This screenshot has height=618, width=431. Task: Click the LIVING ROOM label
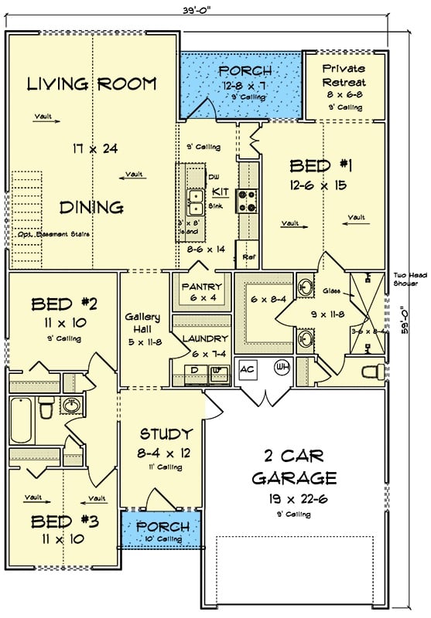click(92, 84)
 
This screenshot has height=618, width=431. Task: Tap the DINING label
click(92, 207)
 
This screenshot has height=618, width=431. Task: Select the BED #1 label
click(321, 165)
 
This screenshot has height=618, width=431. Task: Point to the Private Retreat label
click(343, 74)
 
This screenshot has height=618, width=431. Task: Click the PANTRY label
click(201, 287)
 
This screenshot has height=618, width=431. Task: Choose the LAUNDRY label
click(200, 338)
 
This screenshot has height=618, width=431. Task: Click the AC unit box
click(248, 368)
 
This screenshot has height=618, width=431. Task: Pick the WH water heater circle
click(282, 368)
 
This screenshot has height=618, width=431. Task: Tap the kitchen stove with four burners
click(248, 202)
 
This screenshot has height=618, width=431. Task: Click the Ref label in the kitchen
click(248, 256)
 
